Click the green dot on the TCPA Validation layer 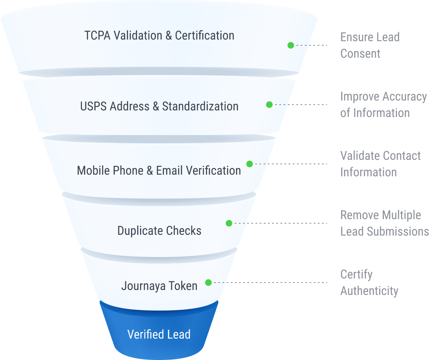pos(291,45)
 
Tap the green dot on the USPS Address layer pos(269,105)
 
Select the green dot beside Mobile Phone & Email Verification pos(250,164)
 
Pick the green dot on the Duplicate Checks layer pos(229,223)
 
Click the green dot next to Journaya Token pos(208,283)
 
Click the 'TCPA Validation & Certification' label pos(159,35)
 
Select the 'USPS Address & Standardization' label pos(159,106)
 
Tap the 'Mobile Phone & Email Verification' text pos(159,171)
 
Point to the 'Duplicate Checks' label pos(159,230)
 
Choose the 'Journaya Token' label pos(159,286)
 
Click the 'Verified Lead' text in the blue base pos(159,334)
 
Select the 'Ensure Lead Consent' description pos(369,45)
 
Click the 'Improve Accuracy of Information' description pos(383,105)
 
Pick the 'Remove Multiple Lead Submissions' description pos(384,223)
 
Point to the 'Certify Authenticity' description pos(369,283)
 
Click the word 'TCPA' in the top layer pos(98,35)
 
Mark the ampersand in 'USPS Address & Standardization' pos(156,106)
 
